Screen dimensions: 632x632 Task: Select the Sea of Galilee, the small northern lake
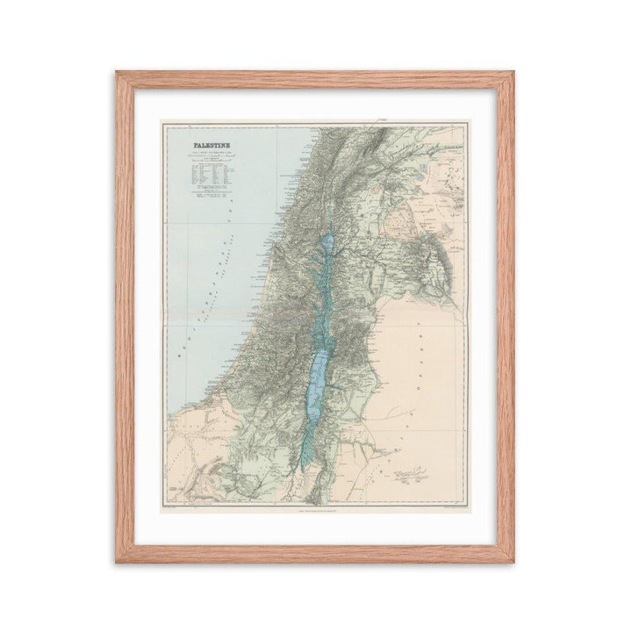coord(327,242)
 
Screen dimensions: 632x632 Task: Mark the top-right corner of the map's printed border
coord(466,123)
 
